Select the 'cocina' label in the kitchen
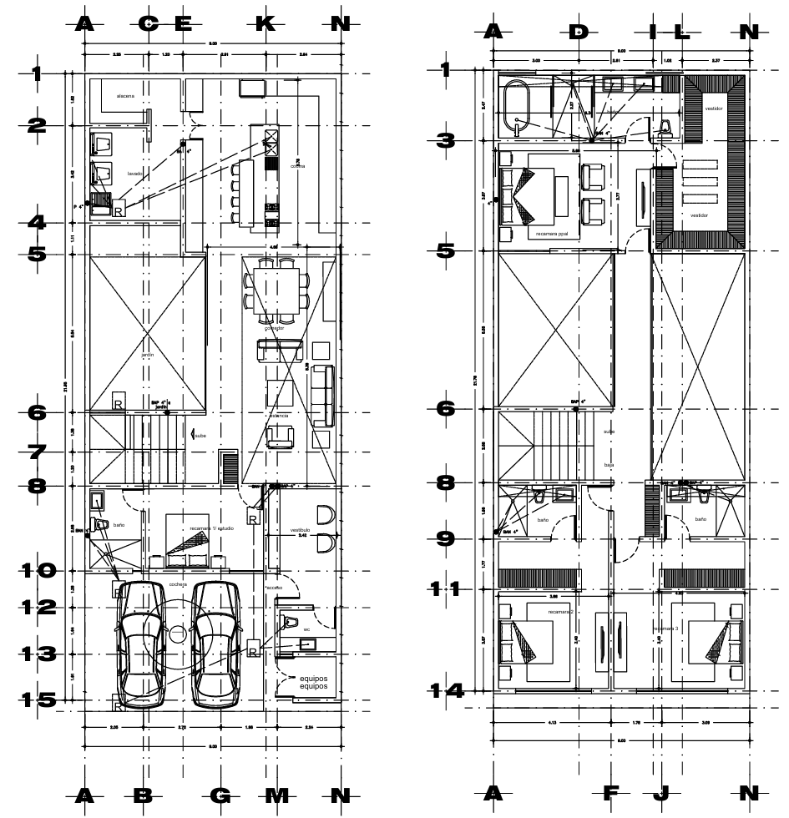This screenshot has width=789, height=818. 298,166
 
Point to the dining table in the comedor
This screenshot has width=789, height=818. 276,288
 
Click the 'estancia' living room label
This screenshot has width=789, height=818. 279,415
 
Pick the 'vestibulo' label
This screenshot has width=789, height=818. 301,529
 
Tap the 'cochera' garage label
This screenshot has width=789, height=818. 176,584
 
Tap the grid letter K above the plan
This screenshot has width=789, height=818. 265,23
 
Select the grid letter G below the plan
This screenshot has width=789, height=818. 220,794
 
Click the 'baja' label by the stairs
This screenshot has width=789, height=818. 609,464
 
